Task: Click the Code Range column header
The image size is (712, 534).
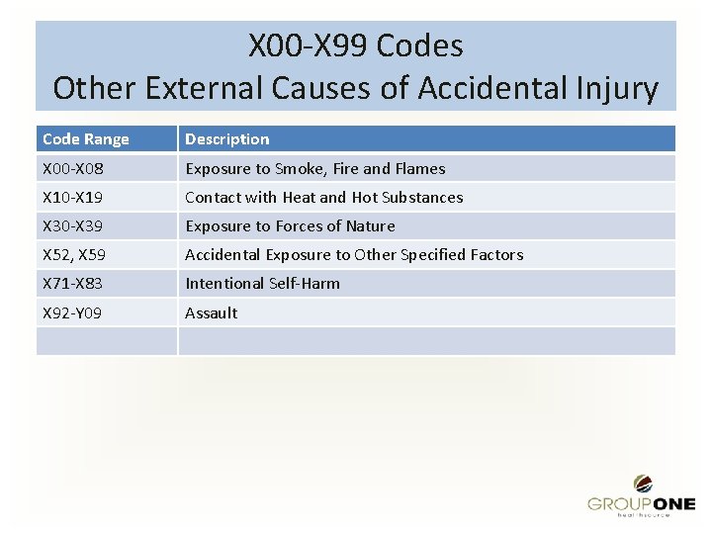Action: point(86,139)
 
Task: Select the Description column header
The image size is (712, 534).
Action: point(227,139)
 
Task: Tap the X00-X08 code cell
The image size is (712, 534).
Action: point(73,168)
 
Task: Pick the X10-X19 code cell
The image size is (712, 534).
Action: point(73,197)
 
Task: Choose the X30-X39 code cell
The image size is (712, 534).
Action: point(73,225)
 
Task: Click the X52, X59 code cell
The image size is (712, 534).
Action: point(73,254)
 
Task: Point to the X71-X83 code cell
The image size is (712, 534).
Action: point(73,283)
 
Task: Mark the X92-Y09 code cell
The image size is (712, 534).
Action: point(73,312)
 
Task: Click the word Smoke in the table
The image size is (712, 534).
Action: point(299,168)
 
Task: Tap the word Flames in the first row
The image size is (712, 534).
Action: point(420,168)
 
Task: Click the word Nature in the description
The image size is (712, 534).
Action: point(371,225)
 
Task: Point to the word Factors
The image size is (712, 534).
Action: point(495,254)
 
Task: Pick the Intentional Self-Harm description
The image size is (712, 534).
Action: point(263,283)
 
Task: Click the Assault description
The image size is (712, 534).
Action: point(212,312)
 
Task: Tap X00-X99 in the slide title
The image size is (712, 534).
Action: point(308,45)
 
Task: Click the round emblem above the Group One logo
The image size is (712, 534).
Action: point(643,484)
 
